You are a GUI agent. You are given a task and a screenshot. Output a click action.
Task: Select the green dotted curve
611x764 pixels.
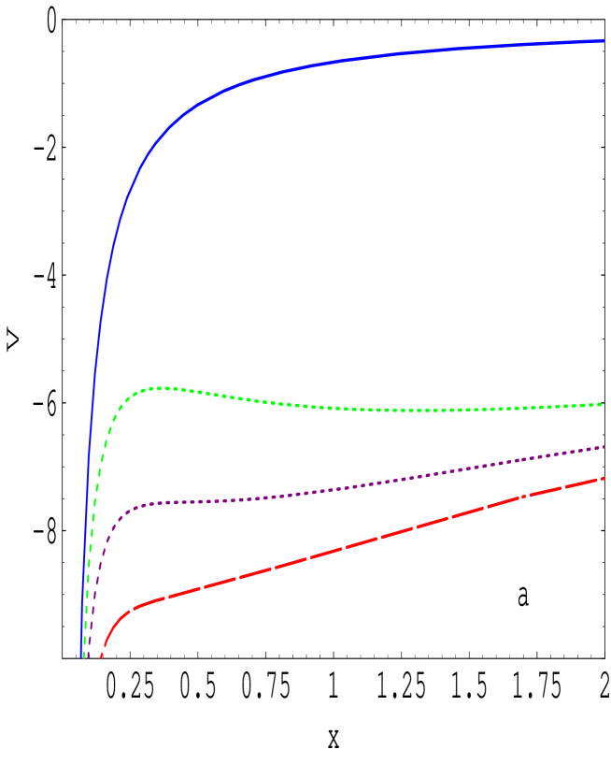click(280, 401)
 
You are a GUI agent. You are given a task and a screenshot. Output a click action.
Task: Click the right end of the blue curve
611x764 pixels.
click(604, 40)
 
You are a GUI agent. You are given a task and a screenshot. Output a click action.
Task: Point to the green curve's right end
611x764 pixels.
click(601, 404)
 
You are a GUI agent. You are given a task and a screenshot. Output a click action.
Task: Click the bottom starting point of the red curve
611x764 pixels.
click(102, 656)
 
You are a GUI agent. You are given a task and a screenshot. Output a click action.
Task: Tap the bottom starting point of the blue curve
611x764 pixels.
click(81, 656)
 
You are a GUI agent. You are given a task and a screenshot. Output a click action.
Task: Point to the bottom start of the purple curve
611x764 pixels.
click(88, 656)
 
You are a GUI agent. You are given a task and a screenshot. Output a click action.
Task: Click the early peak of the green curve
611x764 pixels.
click(163, 387)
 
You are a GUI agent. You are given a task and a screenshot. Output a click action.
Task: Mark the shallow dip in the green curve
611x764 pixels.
click(420, 411)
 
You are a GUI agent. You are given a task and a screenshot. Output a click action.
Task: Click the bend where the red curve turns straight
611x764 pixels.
click(135, 607)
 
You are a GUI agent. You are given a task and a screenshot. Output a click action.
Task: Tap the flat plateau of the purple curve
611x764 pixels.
click(187, 502)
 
